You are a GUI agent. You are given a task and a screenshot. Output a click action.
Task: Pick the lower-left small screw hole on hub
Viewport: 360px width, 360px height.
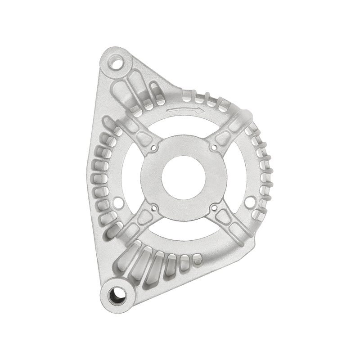point(155,207)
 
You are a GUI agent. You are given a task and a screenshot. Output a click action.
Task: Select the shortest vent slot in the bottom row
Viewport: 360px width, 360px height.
point(196,257)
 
